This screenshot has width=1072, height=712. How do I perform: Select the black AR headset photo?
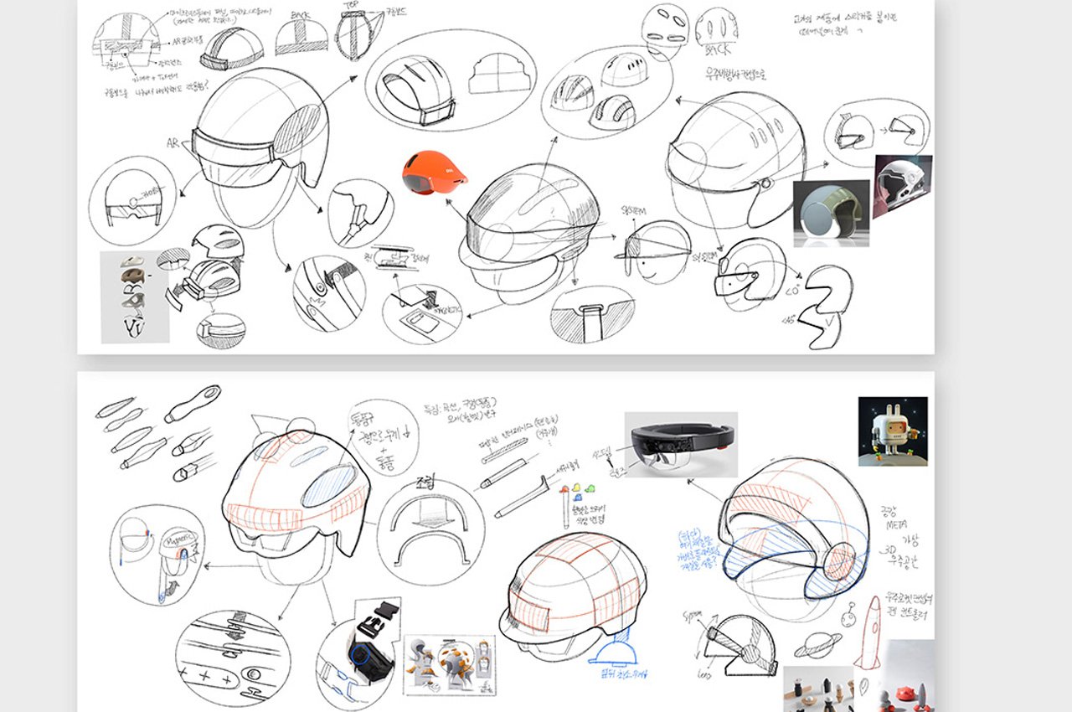(x=681, y=444)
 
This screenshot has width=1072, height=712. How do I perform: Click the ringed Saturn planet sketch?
(x=817, y=645)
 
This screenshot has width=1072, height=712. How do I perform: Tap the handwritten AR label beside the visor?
(x=173, y=143)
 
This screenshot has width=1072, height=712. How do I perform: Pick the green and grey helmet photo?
(x=831, y=213)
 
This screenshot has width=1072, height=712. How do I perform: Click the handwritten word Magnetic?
(x=176, y=534)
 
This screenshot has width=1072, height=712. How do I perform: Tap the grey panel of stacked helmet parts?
(x=134, y=297)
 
